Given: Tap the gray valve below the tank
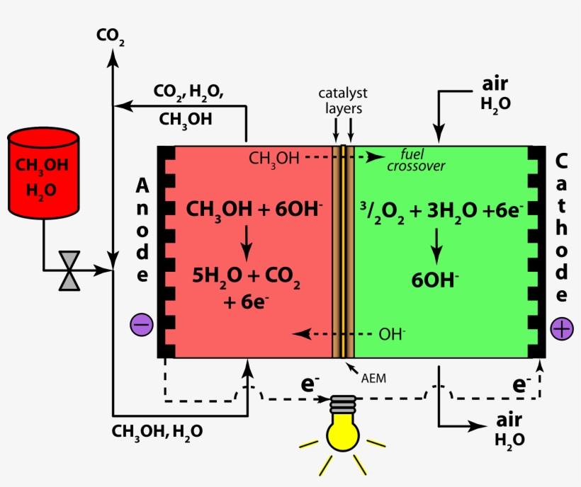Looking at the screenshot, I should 69,270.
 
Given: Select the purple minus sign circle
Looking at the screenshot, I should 141,325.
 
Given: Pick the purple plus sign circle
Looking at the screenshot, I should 562,328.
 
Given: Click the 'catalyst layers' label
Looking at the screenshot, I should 343,101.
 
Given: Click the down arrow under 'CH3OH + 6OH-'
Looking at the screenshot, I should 246,242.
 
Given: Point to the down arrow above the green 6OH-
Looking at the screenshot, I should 437,245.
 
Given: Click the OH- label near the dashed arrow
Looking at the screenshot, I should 392,333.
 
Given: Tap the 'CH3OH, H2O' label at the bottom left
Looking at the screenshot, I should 157,430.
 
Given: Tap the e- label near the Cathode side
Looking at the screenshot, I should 521,385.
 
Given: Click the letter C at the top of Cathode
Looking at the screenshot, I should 562,161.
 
